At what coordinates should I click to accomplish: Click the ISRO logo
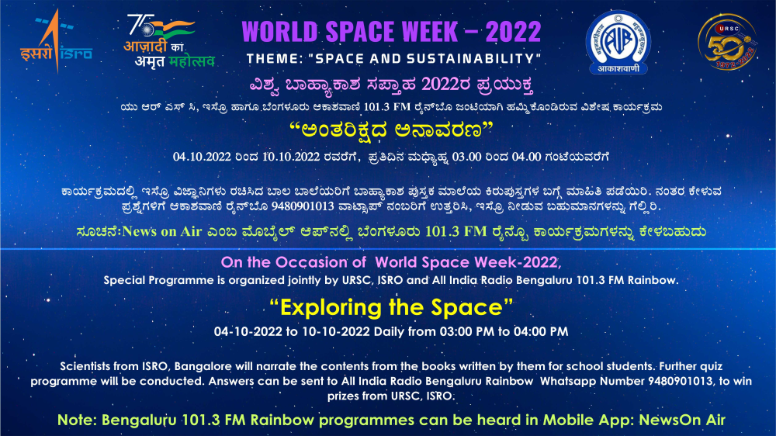click(56, 42)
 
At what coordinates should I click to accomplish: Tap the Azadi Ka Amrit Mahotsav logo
click(169, 41)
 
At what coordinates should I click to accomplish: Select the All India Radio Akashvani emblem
click(618, 43)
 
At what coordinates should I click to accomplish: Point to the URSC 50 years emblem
click(727, 42)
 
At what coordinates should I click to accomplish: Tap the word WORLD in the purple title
click(279, 32)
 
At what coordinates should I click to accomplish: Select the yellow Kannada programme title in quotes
click(391, 130)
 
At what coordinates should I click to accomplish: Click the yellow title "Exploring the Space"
click(391, 307)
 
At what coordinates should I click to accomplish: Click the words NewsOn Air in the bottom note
click(682, 420)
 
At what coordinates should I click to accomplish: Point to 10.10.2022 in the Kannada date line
click(291, 157)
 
